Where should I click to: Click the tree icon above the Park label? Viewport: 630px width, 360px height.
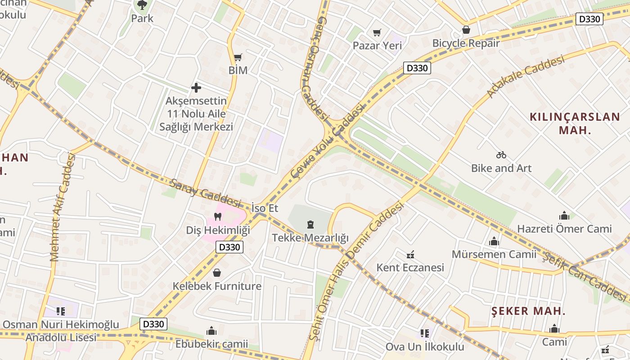(142, 5)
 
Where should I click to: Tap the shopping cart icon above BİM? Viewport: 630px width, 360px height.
(238, 57)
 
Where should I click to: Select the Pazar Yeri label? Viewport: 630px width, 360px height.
(377, 45)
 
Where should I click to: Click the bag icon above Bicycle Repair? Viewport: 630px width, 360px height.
(466, 30)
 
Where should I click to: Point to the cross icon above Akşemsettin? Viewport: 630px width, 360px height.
(196, 87)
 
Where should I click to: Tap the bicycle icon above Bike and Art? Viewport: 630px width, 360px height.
(501, 155)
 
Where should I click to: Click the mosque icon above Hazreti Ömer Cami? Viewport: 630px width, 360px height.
(564, 215)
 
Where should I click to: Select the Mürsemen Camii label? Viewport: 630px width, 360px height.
(494, 254)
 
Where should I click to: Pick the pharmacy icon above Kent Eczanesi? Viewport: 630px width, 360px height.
(410, 255)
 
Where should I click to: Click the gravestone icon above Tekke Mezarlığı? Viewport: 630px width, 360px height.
(310, 224)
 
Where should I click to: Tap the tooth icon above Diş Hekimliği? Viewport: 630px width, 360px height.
(218, 217)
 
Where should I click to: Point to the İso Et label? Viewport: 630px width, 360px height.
(265, 208)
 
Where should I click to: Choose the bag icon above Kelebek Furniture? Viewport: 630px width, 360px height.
(217, 273)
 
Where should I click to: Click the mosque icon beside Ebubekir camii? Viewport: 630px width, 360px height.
(211, 331)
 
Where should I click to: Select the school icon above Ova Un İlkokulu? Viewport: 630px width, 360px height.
(424, 333)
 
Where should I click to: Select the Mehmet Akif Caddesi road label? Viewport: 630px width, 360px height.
(62, 207)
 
